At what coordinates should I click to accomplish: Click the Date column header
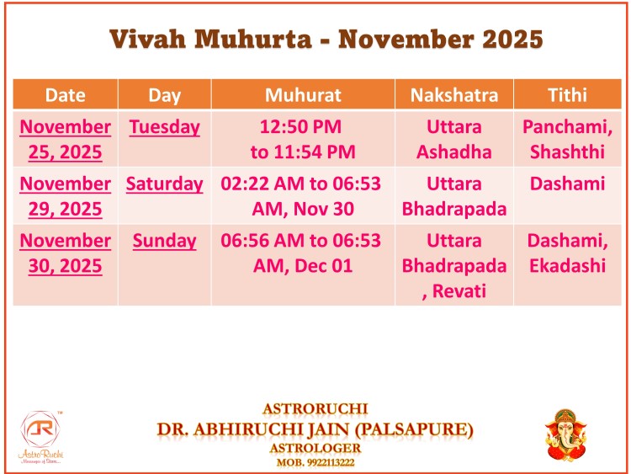coord(65,95)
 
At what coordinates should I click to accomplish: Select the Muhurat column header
coord(303,95)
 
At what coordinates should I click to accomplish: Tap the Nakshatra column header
coord(454,95)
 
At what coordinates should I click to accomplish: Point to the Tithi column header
coord(567,95)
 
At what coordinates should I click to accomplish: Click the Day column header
coord(164,95)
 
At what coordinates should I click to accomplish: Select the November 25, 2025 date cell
coord(65,140)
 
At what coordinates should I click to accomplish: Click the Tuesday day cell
coord(164,127)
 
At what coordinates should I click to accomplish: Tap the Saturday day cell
coord(164,184)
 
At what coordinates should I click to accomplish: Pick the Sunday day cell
coord(164,241)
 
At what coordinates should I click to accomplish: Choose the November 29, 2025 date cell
coord(65,196)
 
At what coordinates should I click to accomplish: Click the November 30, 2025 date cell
coord(65,253)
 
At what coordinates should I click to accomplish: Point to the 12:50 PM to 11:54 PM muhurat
coord(303,140)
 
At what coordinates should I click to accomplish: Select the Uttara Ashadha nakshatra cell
coord(454,140)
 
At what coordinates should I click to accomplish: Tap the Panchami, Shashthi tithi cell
coord(567,140)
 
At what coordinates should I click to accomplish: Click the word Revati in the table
coord(459,290)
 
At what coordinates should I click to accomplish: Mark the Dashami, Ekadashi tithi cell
coord(567,253)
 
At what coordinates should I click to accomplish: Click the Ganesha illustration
coord(566,435)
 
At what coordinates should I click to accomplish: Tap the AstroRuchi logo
coord(40,437)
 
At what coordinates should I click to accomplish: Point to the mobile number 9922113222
coord(331,462)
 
